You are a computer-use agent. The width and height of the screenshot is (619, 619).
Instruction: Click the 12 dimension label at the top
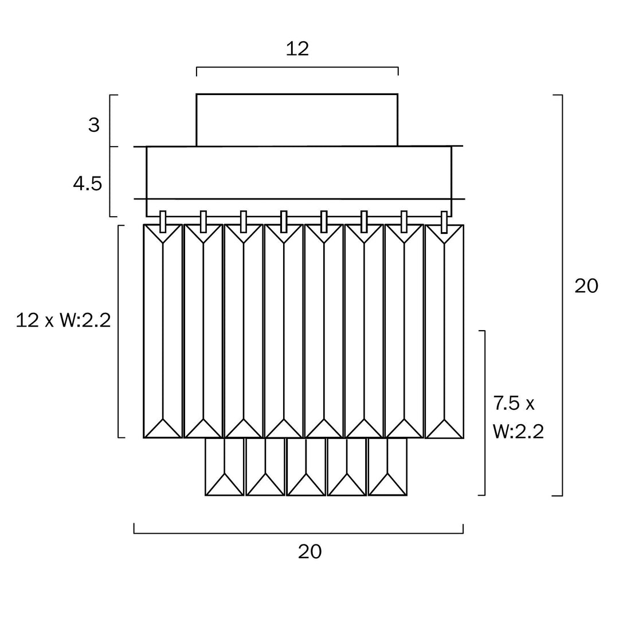pyautogui.click(x=297, y=49)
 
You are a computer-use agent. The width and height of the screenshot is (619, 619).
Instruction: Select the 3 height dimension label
pyautogui.click(x=94, y=125)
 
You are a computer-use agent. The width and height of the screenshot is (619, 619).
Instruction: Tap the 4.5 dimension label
pyautogui.click(x=87, y=184)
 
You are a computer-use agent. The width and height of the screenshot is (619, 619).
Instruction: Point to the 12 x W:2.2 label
pyautogui.click(x=63, y=320)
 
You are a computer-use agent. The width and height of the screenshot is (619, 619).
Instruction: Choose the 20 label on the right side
pyautogui.click(x=586, y=286)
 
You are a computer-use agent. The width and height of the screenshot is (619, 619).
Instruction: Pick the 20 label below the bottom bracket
pyautogui.click(x=309, y=551)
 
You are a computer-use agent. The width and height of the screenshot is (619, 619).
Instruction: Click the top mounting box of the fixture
pyautogui.click(x=297, y=120)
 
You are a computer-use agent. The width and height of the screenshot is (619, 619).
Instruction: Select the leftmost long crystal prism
pyautogui.click(x=163, y=331)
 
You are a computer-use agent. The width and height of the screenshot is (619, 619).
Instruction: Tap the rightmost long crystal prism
pyautogui.click(x=444, y=331)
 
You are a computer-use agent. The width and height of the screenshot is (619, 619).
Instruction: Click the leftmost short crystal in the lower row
pyautogui.click(x=225, y=467)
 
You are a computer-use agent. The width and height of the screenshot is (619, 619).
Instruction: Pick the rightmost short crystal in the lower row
pyautogui.click(x=387, y=467)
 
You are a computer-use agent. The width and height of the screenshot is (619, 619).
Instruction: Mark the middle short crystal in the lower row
pyautogui.click(x=306, y=467)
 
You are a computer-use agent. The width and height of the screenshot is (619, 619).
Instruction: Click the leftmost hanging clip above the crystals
pyautogui.click(x=163, y=221)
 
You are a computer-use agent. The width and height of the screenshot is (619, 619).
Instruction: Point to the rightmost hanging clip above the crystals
pyautogui.click(x=444, y=222)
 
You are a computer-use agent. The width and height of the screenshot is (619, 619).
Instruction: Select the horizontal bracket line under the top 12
pyautogui.click(x=297, y=67)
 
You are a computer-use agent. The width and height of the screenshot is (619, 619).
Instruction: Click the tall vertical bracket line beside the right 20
pyautogui.click(x=562, y=295)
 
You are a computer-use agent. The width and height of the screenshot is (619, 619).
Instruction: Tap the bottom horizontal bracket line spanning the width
pyautogui.click(x=298, y=533)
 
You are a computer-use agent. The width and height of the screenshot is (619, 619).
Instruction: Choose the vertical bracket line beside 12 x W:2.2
pyautogui.click(x=119, y=331)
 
